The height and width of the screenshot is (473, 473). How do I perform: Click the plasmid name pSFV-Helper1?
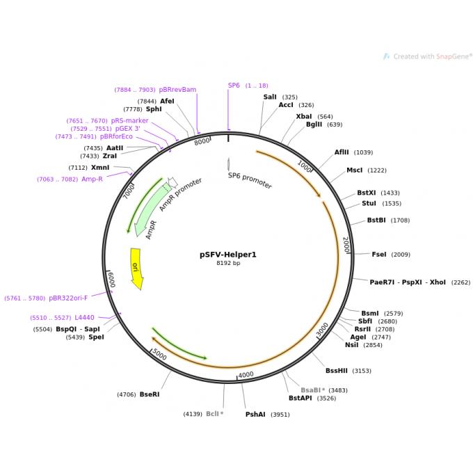pos(227,255)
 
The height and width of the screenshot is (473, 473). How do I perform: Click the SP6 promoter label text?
pos(250,180)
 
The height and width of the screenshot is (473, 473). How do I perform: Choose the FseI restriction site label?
pos(379,255)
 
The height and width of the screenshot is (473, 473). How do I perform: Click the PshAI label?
pos(255,415)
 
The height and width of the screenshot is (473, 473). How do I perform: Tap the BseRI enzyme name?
pos(150,394)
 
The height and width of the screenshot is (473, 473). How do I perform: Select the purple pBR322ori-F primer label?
pos(68,298)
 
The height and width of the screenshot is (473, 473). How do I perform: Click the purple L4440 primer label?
pos(84,318)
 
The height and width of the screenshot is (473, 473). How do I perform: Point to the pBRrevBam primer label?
pos(177,90)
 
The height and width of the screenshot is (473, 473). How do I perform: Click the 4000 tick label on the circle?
pos(246,375)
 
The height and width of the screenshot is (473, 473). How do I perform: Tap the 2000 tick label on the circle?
pos(346,244)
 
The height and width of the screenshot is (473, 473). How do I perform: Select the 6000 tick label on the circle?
pos(111,279)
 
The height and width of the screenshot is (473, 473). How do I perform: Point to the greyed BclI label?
pos(213,414)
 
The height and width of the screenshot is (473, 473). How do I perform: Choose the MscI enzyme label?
pos(355,170)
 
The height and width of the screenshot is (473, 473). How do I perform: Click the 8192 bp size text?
pos(227,264)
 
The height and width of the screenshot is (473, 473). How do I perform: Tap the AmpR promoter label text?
pos(180,194)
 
